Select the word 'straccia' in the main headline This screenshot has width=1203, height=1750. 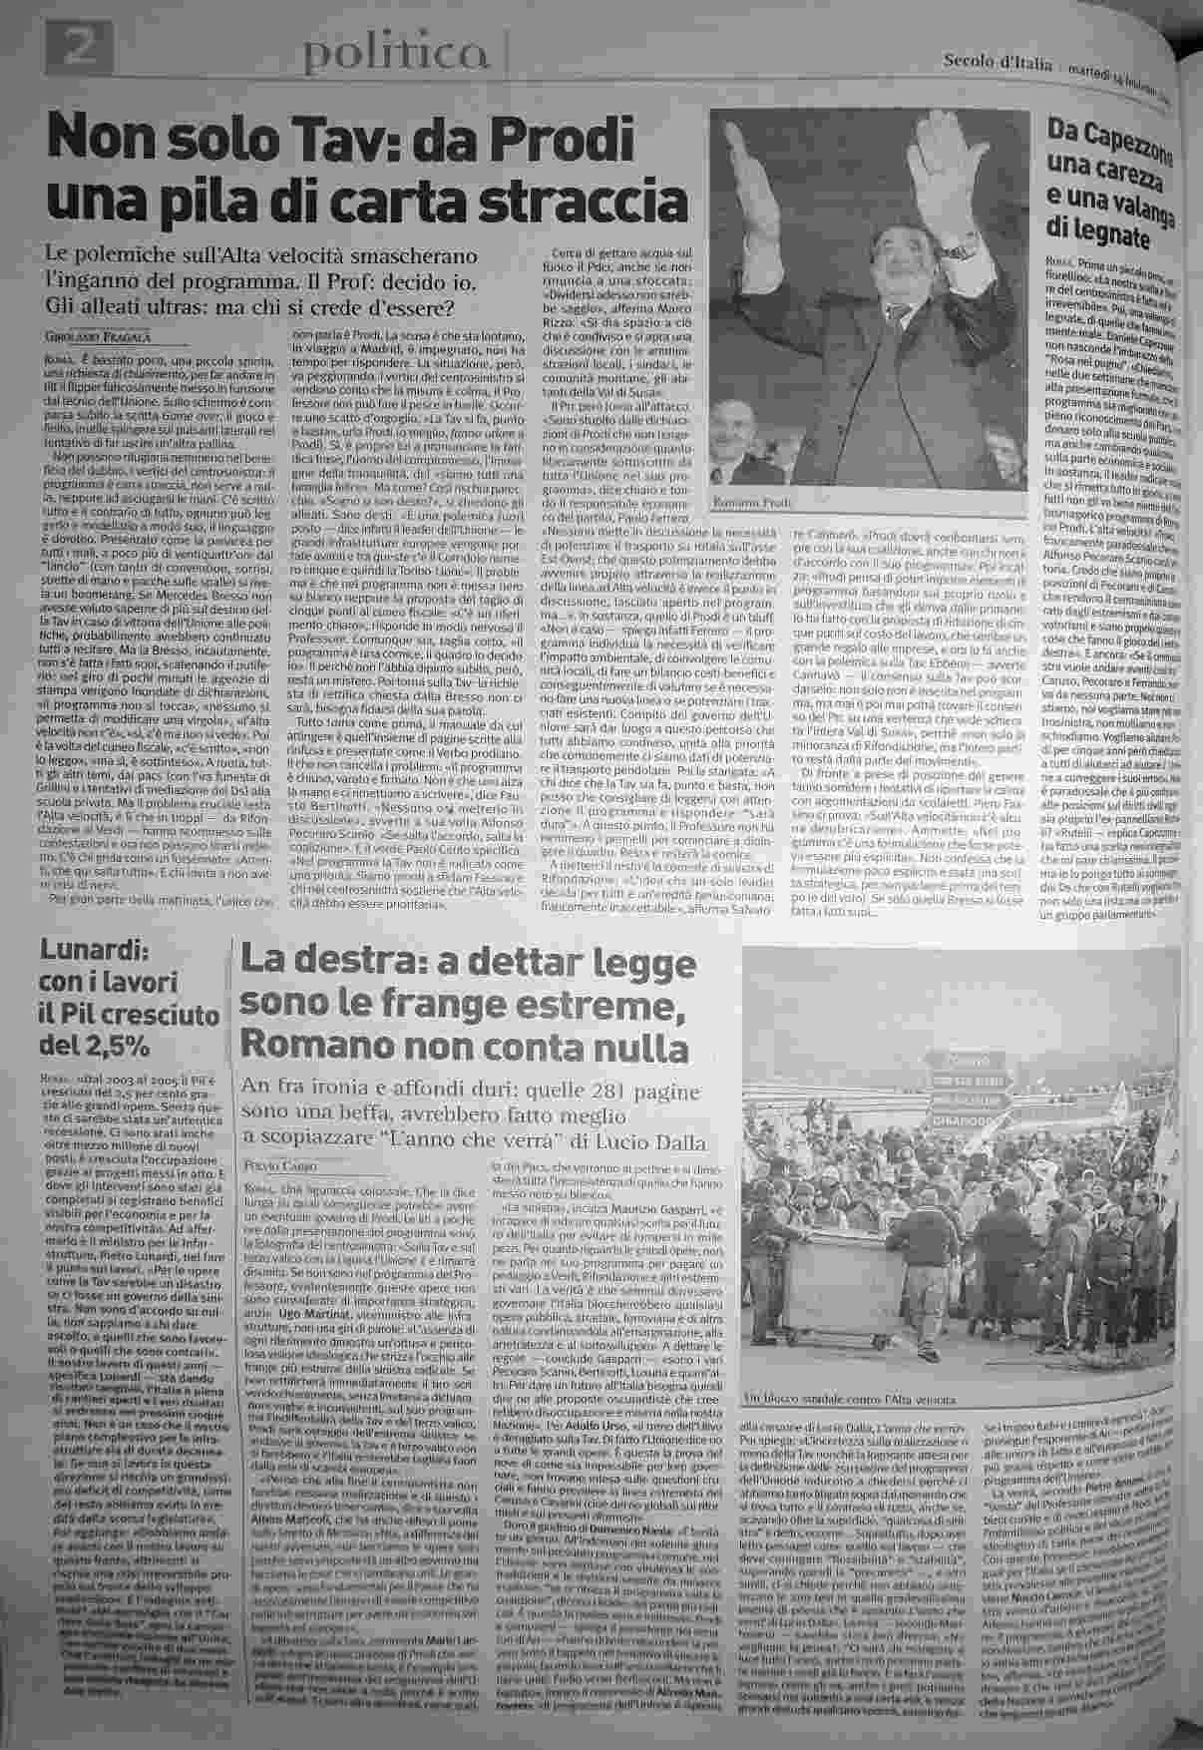pyautogui.click(x=576, y=204)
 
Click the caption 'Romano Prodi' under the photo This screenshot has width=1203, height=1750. pyautogui.click(x=749, y=505)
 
